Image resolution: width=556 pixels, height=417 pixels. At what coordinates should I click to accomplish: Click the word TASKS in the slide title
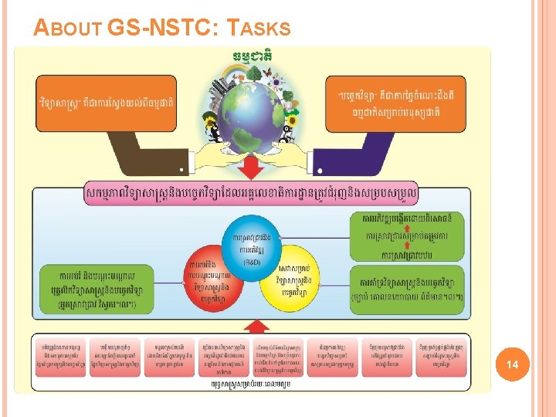[x=259, y=29]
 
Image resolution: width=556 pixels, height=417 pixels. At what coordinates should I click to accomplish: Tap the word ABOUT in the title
[x=69, y=29]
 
